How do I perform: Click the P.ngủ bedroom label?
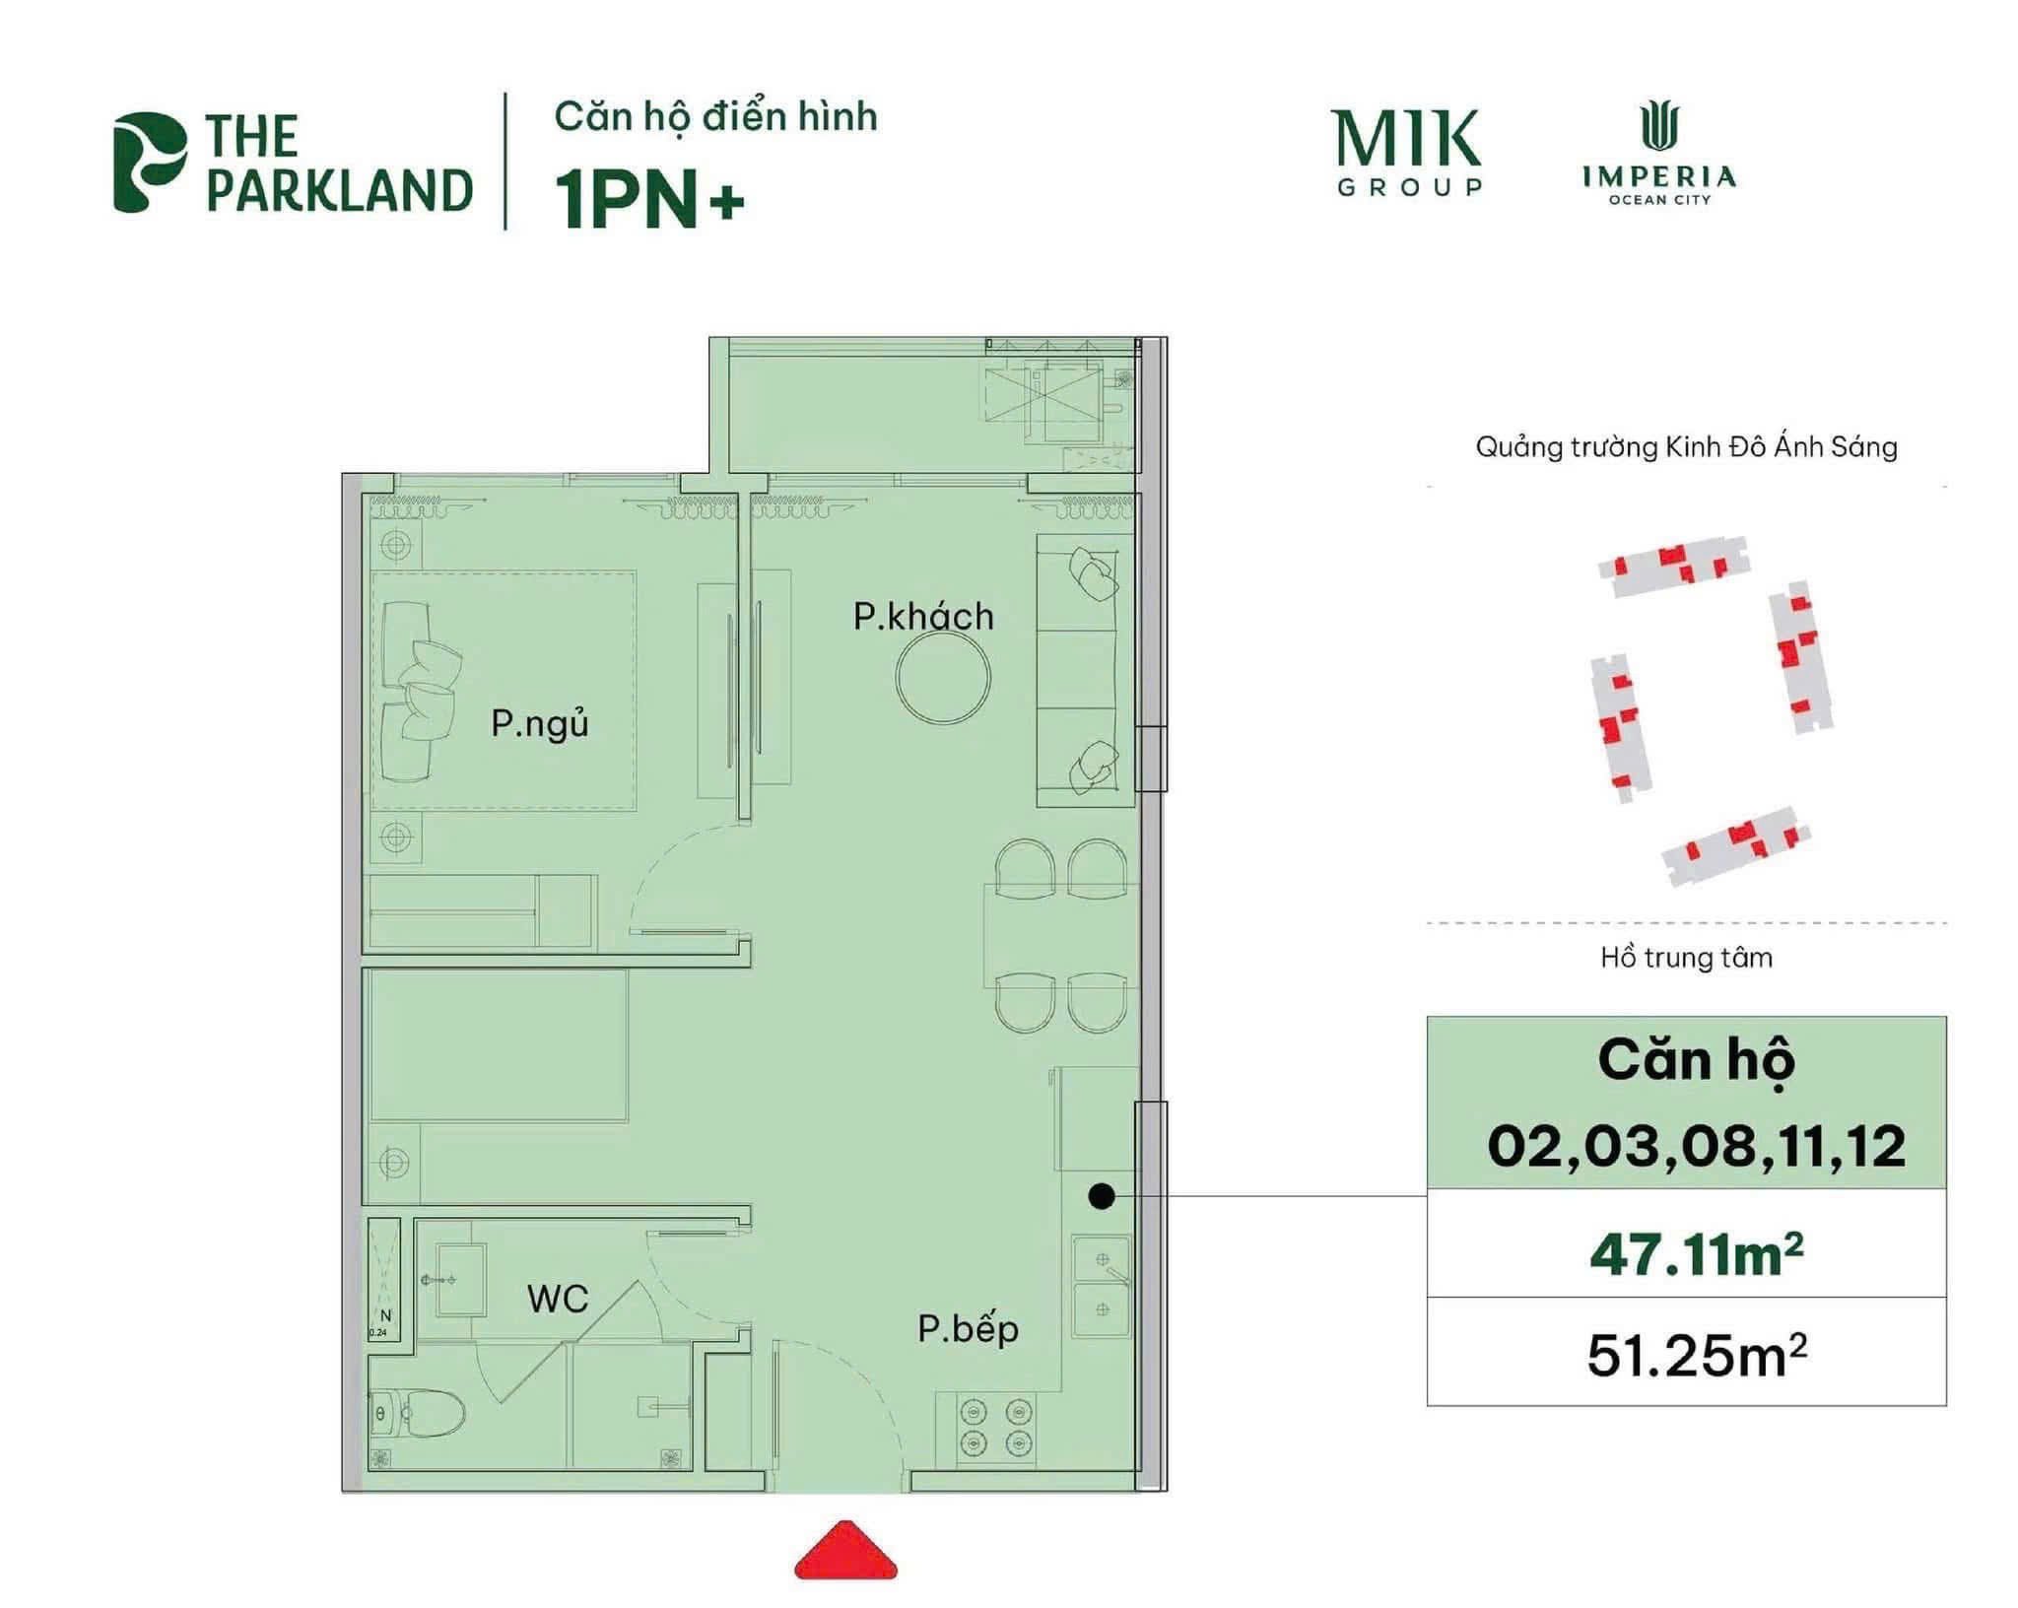(x=539, y=724)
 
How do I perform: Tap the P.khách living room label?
(x=923, y=617)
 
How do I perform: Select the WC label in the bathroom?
(x=558, y=1299)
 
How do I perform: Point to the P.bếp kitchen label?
(x=968, y=1329)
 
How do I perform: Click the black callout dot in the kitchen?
(x=1102, y=1196)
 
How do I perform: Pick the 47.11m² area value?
(x=1696, y=1256)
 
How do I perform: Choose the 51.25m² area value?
(x=1696, y=1356)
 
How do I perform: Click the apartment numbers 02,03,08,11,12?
(x=1696, y=1147)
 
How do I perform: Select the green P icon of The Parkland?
(x=148, y=162)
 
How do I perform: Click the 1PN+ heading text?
(x=650, y=200)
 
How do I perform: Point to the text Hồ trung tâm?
(x=1686, y=958)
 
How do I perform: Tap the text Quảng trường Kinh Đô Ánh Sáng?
(x=1686, y=447)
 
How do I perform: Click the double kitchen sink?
(x=1103, y=1285)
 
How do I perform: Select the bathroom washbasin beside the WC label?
(x=460, y=1279)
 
